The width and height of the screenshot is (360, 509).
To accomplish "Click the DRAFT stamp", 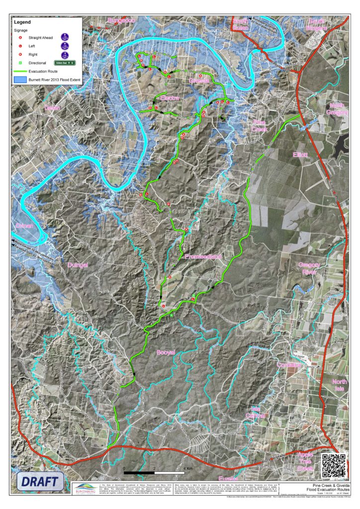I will tap(42, 481).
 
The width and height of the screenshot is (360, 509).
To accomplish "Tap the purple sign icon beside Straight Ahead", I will tap(65, 37).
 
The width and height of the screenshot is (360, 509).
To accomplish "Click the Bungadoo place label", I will tap(121, 20).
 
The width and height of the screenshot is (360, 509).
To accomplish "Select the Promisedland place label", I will tap(202, 257).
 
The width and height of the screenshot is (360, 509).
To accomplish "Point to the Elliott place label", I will tap(301, 155).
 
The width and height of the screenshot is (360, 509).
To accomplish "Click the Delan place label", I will tap(52, 108).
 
